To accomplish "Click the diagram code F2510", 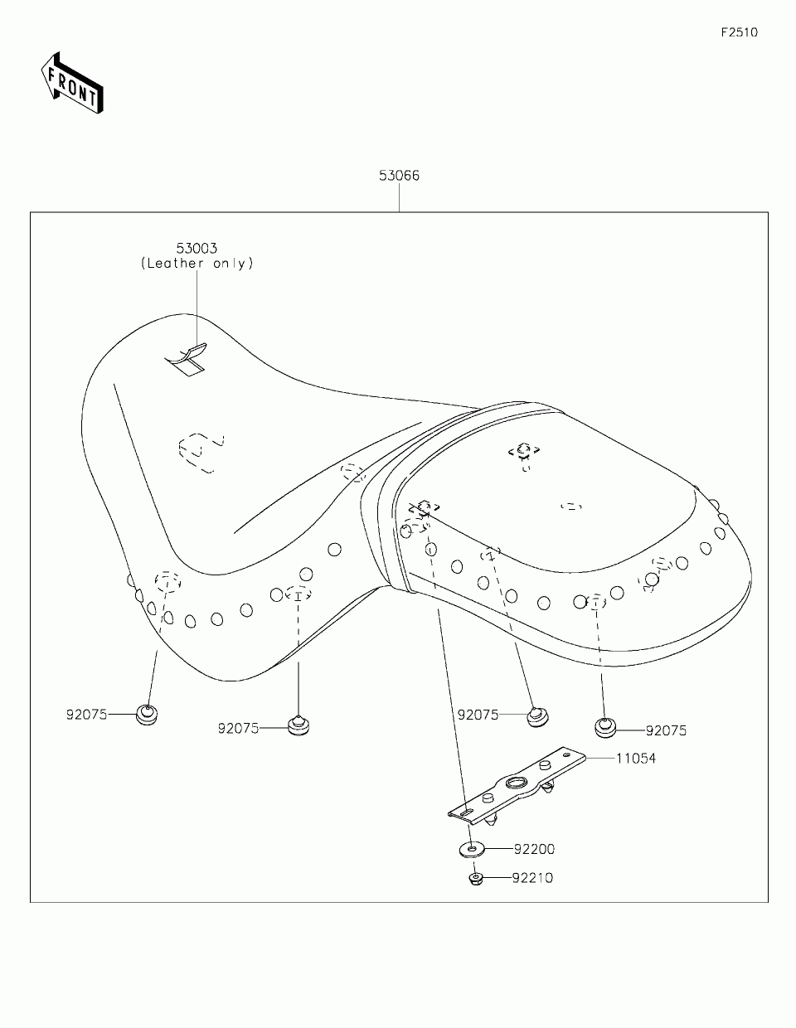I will pos(739,33).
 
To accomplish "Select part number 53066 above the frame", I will pos(399,176).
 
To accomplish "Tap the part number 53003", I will pos(197,248).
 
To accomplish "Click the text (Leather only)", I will pos(197,264).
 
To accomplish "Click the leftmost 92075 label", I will pos(87,713).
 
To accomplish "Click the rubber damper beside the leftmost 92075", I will pos(147,714).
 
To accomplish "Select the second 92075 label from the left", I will pos(239,728).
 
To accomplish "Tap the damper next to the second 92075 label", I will pos(298,725).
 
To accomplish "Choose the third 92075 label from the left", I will pos(478,714).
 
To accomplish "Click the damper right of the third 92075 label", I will pos(538,715).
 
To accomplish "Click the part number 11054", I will pos(635,758).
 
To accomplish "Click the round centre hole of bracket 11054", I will pos(515,784).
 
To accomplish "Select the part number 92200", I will pos(534,849).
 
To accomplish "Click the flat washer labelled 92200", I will pos(473,849).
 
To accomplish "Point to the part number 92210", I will pos(532,877).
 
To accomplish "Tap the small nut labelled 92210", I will pos(476,877).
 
